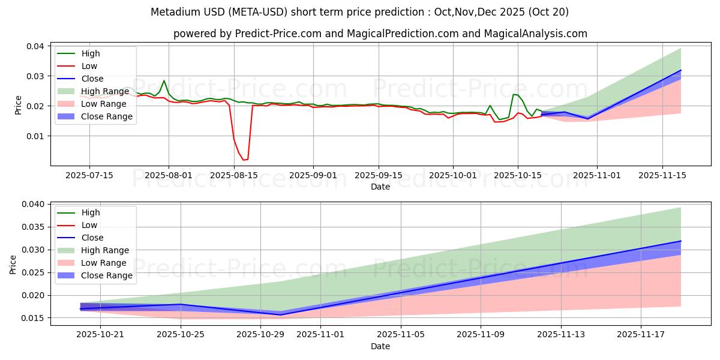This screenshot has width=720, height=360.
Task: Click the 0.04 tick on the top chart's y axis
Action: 35,46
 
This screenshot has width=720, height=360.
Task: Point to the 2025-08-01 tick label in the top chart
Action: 169,175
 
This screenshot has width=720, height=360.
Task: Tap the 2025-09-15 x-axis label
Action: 378,175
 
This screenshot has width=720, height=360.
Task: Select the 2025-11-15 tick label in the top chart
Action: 662,175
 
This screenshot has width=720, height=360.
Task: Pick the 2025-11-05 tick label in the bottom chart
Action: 400,334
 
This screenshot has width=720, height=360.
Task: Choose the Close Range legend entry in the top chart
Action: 107,116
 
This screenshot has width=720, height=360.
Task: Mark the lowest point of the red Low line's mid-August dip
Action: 244,160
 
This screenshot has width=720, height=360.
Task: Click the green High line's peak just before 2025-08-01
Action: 164,80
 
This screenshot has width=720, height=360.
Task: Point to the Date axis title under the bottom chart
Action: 380,346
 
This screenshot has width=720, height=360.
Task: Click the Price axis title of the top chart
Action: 19,106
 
